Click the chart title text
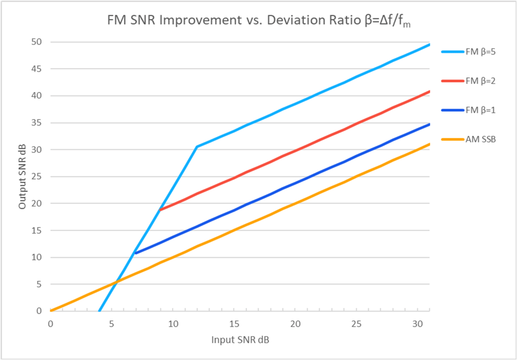pos(258,21)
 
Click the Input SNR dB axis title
pos(240,340)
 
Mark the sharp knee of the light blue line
pos(197,147)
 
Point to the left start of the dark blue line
pos(136,253)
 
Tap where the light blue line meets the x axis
pos(100,310)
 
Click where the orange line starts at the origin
pos(51,310)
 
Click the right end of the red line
pos(429,92)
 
